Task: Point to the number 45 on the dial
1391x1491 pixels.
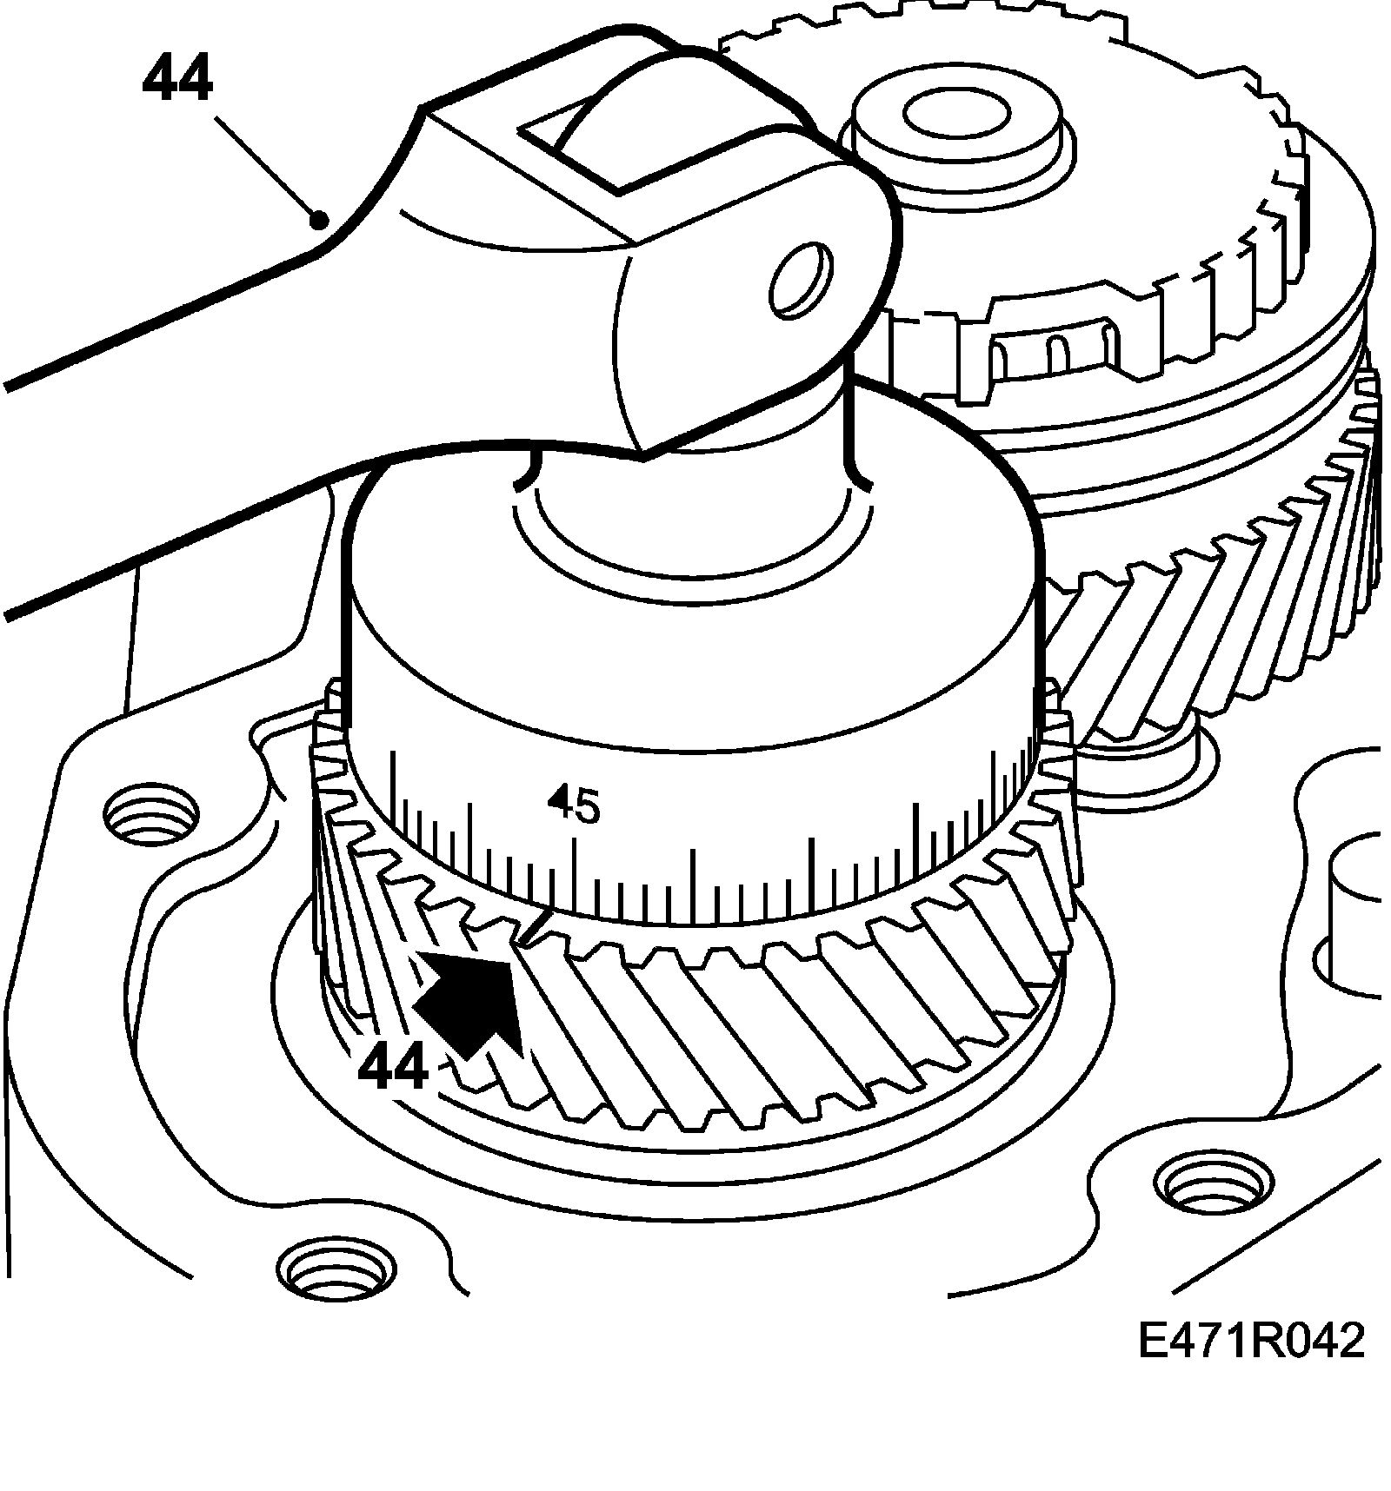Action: point(574,804)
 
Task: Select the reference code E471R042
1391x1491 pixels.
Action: point(1252,1365)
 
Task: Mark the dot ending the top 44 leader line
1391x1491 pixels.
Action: point(320,220)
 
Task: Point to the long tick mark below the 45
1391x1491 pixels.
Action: point(574,878)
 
